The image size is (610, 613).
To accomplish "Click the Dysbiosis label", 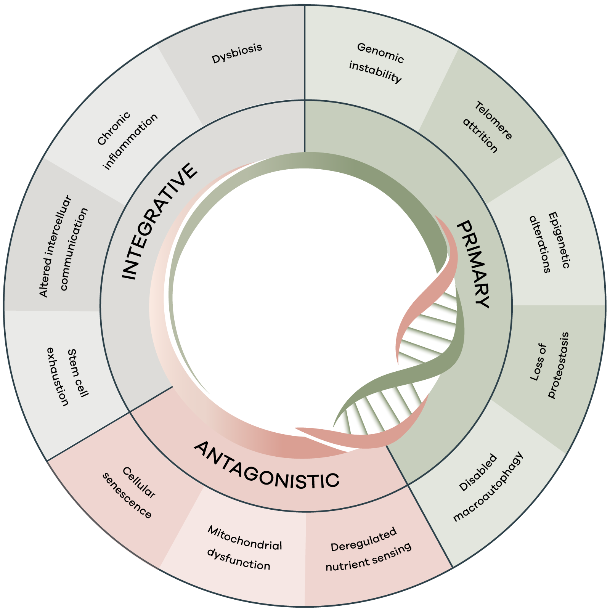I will click(x=237, y=53).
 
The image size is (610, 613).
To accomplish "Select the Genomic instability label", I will click(x=378, y=63).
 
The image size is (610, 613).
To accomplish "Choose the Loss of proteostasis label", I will click(x=549, y=365).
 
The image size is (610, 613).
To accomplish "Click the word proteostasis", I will click(x=559, y=365).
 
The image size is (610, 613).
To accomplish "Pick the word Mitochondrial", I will click(x=245, y=538).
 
